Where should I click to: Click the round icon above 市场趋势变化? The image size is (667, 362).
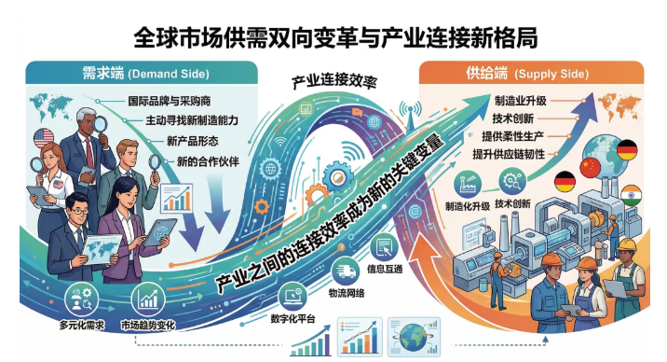(x=150, y=300)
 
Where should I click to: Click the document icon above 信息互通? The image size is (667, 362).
(x=382, y=247)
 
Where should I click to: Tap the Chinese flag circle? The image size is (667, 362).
(x=591, y=167)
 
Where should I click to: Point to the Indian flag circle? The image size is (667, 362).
(x=631, y=195)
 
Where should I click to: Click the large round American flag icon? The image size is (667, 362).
(x=44, y=139)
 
